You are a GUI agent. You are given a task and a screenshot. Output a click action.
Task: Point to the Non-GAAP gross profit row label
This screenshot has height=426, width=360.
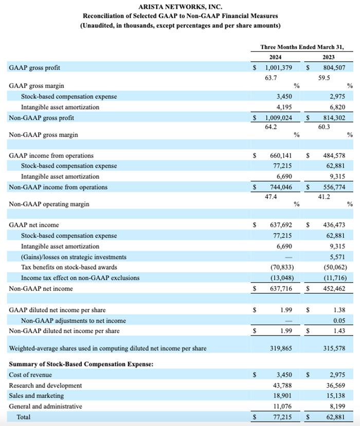point(42,118)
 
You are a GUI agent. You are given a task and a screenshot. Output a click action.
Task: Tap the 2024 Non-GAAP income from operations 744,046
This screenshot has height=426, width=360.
point(281,187)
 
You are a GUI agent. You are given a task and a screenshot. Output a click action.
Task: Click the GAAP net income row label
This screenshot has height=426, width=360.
point(34,225)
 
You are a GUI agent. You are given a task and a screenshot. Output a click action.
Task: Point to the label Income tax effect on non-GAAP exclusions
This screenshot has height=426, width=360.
point(80,278)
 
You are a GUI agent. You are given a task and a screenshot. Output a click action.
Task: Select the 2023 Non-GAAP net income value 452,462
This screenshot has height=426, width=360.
point(332,289)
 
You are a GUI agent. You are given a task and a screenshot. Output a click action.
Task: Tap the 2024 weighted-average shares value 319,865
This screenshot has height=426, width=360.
point(281,348)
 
